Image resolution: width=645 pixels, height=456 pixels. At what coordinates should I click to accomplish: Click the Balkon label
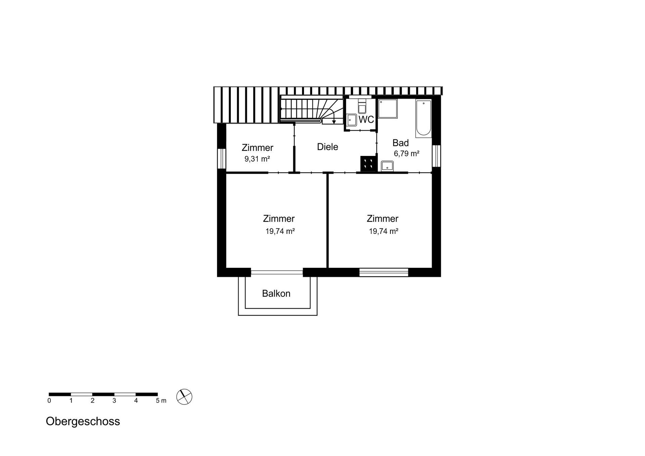tap(276, 293)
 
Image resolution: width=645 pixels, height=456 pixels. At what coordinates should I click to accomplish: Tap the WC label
tap(366, 119)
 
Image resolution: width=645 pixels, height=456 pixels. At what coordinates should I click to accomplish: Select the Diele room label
tap(327, 147)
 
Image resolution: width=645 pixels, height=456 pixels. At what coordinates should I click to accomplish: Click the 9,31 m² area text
tap(257, 159)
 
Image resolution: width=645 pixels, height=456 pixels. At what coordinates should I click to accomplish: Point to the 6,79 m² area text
tap(406, 154)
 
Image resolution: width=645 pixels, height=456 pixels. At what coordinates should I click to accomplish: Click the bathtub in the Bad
tap(423, 118)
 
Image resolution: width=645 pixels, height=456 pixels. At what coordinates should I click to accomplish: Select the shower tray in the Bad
tap(388, 109)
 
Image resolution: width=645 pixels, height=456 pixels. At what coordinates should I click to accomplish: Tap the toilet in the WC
tap(362, 106)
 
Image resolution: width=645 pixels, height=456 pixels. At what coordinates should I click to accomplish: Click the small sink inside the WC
tap(352, 120)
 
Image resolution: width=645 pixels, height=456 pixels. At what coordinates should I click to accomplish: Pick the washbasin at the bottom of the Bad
tap(387, 166)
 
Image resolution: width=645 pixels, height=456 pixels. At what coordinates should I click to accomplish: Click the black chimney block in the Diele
tap(368, 164)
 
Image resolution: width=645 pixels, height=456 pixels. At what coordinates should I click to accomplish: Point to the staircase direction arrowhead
tap(334, 122)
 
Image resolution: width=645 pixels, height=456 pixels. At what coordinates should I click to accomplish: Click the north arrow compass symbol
tap(184, 397)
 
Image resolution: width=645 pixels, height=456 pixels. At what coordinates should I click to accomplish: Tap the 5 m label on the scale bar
tap(161, 401)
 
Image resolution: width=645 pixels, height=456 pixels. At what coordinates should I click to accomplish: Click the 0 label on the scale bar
tap(49, 401)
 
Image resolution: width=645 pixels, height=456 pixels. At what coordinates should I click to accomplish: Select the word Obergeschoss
tap(83, 421)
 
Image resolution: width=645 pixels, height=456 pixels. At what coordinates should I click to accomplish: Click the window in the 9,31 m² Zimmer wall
tap(221, 158)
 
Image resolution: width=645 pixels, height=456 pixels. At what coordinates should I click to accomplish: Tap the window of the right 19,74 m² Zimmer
tap(384, 272)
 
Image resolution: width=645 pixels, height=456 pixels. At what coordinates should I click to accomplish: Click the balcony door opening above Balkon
tap(277, 272)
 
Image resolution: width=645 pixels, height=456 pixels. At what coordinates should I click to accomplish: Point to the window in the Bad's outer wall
tap(436, 156)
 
